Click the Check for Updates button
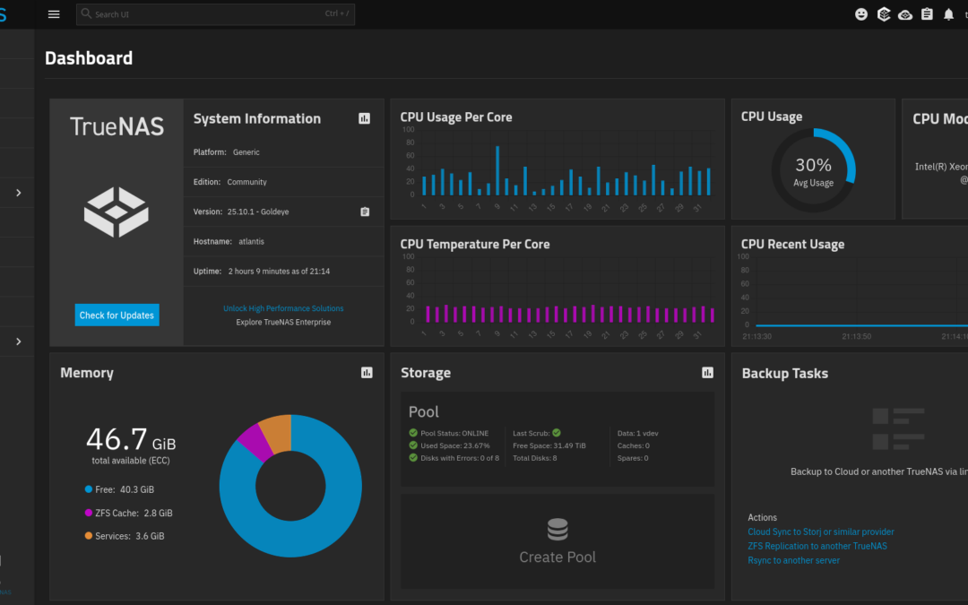tap(117, 315)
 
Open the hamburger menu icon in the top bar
tap(54, 14)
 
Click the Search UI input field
tap(215, 14)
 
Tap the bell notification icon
tap(948, 14)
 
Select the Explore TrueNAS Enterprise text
tap(283, 322)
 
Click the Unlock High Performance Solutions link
tap(283, 308)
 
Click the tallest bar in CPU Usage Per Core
tap(497, 170)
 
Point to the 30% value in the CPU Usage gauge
tap(813, 166)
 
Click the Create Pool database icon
tap(557, 530)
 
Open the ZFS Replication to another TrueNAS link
tap(817, 546)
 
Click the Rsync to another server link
tap(793, 560)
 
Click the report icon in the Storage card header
tap(707, 373)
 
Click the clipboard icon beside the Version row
tap(365, 212)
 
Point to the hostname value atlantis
tap(251, 241)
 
